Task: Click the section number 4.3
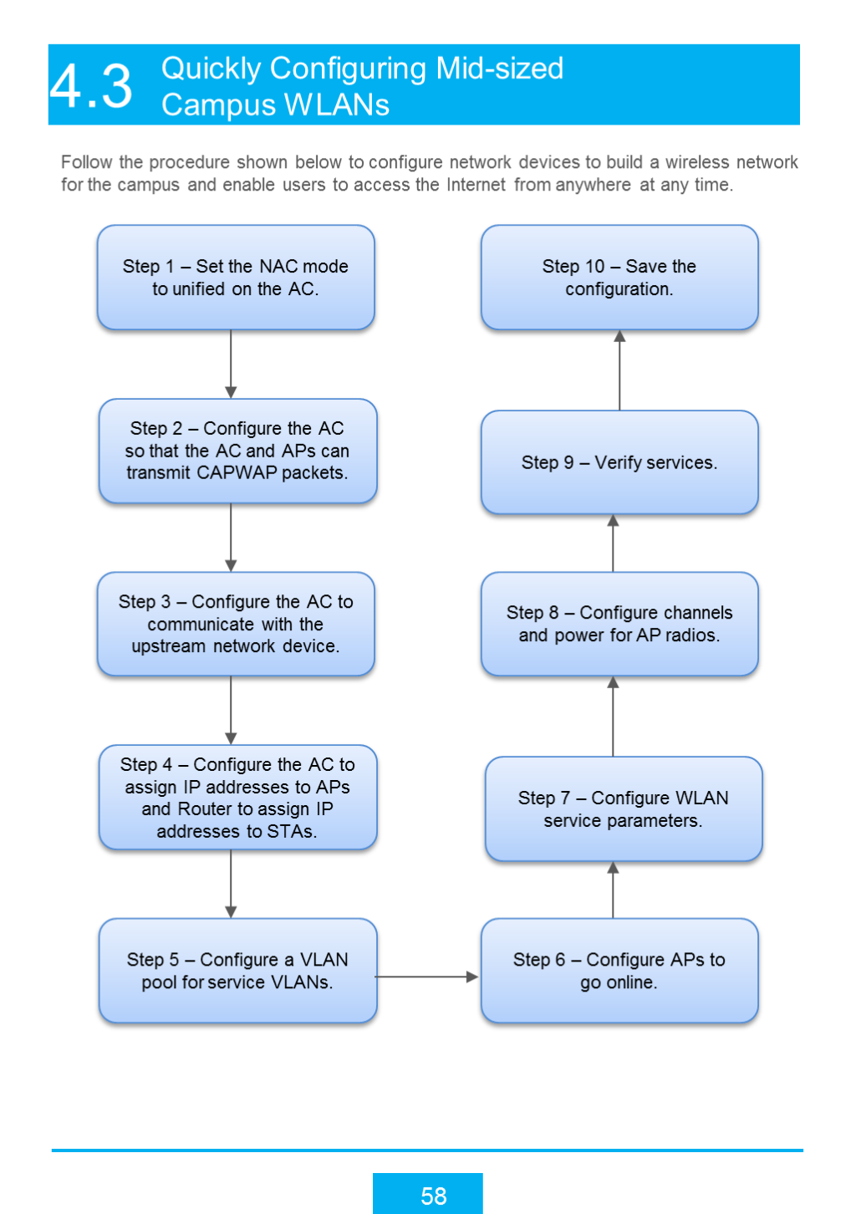pyautogui.click(x=91, y=85)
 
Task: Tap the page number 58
pyautogui.click(x=433, y=1196)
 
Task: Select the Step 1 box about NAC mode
pyautogui.click(x=236, y=278)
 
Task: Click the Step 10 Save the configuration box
pyautogui.click(x=619, y=278)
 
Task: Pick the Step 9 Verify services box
pyautogui.click(x=619, y=462)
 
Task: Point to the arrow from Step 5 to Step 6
pyautogui.click(x=426, y=977)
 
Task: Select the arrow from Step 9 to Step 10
pyautogui.click(x=619, y=370)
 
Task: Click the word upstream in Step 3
pyautogui.click(x=169, y=646)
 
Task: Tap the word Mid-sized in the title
pyautogui.click(x=499, y=69)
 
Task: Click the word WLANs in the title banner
pyautogui.click(x=336, y=105)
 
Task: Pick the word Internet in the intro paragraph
pyautogui.click(x=476, y=185)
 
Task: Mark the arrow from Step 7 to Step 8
pyautogui.click(x=613, y=716)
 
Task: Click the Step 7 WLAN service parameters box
pyautogui.click(x=624, y=808)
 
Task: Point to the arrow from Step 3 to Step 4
pyautogui.click(x=231, y=711)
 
